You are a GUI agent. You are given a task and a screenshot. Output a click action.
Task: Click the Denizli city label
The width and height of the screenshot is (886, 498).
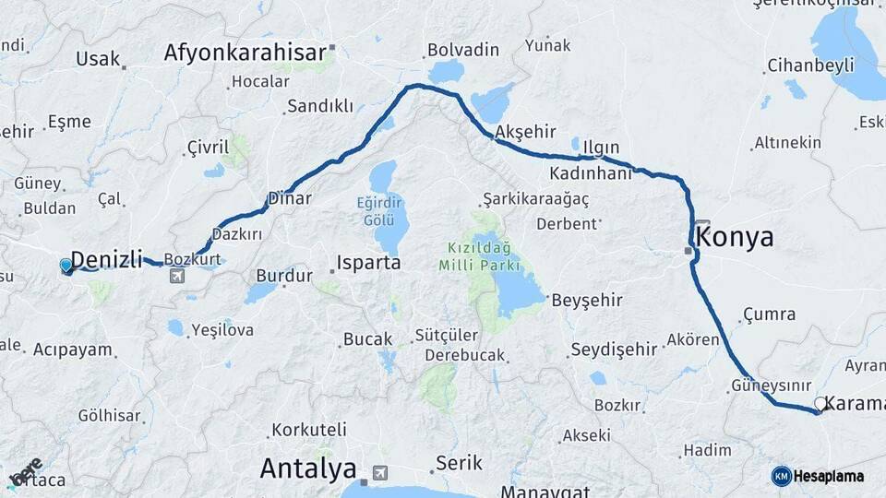[x=107, y=260]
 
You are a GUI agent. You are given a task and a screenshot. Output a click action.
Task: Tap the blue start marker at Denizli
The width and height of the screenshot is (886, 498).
[x=66, y=267]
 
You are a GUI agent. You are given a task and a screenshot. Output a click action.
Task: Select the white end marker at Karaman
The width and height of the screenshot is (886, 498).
[x=820, y=404]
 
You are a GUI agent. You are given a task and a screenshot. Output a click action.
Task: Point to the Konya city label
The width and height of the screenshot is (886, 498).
[x=735, y=237]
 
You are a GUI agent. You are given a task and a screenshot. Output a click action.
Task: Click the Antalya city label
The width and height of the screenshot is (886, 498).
[x=308, y=468]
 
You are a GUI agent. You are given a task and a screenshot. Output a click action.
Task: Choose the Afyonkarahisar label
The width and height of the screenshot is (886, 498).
[x=245, y=53]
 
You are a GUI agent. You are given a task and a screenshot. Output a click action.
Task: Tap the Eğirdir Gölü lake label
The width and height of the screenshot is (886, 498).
[x=382, y=211]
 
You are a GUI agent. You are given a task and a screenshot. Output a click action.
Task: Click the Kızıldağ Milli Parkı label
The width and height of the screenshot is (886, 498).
[x=480, y=256]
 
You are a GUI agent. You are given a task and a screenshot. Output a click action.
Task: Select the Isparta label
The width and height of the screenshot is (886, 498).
[x=369, y=263]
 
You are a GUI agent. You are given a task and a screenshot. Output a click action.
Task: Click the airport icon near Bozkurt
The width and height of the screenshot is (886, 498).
[x=176, y=276]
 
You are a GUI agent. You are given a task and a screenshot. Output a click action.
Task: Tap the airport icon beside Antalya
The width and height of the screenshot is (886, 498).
[x=378, y=474]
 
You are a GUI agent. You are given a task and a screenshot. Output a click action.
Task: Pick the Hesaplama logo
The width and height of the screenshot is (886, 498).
[x=818, y=476]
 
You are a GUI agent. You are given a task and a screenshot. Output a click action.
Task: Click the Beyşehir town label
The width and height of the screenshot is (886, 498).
[x=587, y=301]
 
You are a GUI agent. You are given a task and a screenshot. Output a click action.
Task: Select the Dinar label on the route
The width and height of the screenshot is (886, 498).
[x=289, y=198]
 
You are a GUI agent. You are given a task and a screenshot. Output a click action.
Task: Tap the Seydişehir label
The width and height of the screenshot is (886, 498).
[x=614, y=349]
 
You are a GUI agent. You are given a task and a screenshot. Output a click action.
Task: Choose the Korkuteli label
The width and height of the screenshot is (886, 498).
[x=309, y=430]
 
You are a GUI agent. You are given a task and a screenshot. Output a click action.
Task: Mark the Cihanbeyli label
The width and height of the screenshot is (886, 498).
[x=810, y=66]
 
